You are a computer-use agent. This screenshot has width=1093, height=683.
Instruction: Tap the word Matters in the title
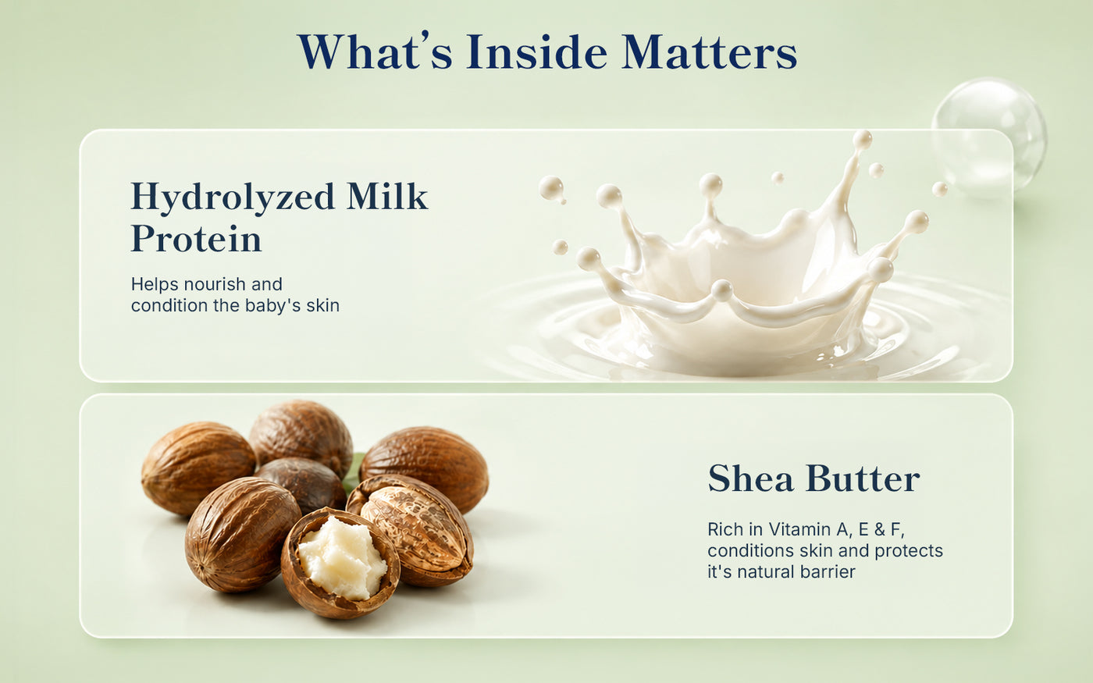[710, 52]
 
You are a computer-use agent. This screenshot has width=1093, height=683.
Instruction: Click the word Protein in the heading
[196, 239]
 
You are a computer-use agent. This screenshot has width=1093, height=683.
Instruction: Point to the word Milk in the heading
[387, 196]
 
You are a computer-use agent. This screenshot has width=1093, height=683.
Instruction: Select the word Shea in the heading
[750, 478]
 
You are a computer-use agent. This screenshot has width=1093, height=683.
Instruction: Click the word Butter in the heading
[863, 478]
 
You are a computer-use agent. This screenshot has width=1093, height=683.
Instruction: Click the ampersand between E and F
[879, 529]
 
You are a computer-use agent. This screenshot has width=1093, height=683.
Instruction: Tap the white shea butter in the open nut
[343, 558]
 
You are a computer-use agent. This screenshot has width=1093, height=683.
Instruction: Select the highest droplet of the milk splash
[862, 140]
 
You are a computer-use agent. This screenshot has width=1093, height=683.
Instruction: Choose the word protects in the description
[909, 551]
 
